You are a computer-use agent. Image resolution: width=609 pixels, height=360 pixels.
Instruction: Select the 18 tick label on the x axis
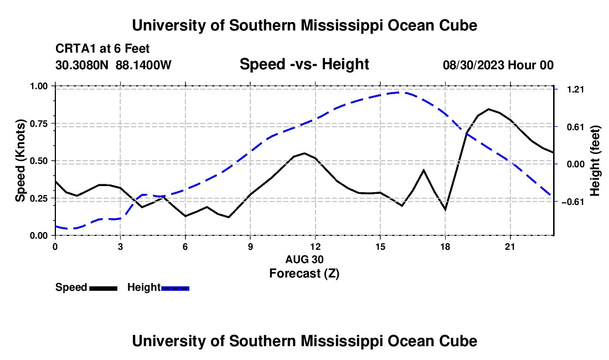coord(445,246)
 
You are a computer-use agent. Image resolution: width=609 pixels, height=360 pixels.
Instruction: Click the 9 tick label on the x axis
coord(250,246)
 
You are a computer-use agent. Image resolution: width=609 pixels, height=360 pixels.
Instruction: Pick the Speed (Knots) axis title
coord(20,161)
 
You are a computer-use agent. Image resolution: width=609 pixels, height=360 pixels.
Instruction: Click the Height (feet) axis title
coord(595,161)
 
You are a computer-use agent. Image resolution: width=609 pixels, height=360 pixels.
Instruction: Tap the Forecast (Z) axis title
coord(304,274)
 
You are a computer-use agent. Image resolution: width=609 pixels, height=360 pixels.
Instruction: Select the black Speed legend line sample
coord(104,289)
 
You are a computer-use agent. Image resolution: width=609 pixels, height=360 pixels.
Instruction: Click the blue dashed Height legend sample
coord(175,289)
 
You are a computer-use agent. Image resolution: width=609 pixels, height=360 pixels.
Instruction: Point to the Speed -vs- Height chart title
coord(304,64)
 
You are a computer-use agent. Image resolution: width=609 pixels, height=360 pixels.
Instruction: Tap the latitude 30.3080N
coord(82,65)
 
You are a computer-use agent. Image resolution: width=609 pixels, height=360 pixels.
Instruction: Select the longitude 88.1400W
coord(143,65)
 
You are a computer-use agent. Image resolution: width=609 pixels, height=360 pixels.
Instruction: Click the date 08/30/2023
coord(473,65)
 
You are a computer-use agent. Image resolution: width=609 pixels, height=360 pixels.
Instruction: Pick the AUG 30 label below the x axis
coord(304,259)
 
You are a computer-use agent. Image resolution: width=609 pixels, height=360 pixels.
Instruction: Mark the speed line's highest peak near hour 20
coord(489,109)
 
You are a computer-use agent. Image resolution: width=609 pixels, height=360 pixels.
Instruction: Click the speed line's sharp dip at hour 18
coord(445,210)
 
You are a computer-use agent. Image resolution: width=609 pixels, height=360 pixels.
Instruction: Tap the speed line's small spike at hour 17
coord(424,170)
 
